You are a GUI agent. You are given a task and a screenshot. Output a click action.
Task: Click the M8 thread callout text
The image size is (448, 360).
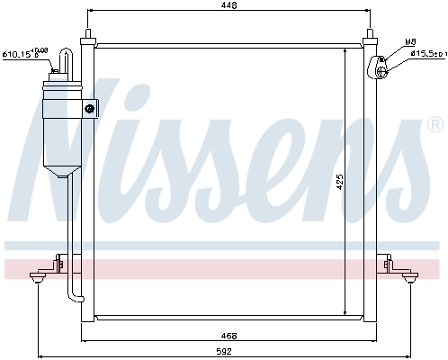pos(409,42)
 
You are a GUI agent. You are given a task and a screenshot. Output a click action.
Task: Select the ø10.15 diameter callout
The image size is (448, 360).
pos(25,54)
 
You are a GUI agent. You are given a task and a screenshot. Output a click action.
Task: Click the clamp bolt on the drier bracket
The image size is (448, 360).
pos(90,109)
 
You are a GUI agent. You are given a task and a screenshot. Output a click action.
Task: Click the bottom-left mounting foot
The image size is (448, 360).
pos(38,281)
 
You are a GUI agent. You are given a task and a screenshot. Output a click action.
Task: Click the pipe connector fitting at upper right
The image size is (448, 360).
pos(378,64)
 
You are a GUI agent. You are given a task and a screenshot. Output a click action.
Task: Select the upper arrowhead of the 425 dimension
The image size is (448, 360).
pos(343,49)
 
